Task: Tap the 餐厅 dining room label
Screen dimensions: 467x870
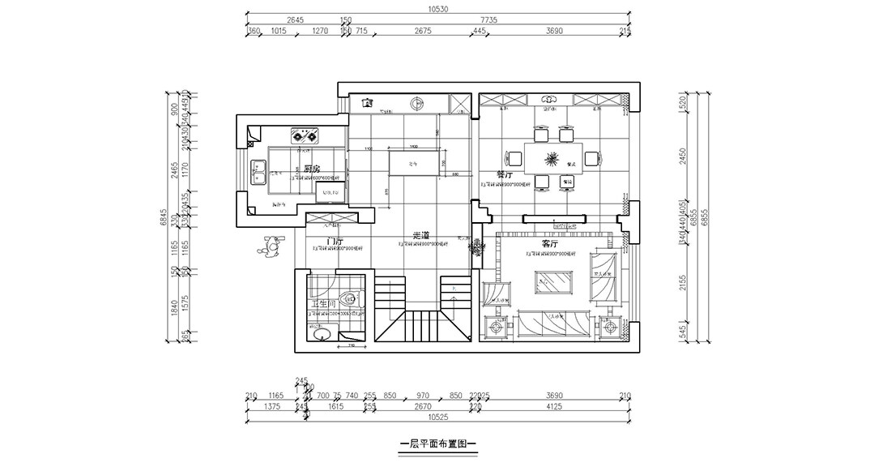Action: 506,175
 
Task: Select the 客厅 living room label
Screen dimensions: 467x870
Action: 551,243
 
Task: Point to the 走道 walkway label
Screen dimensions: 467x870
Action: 420,235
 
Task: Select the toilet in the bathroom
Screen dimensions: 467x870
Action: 349,299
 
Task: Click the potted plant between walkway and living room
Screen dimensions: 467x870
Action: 476,247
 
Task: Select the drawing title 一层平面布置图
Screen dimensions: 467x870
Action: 437,445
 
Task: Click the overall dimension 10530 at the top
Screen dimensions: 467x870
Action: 438,10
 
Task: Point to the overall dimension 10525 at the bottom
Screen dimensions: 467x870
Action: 438,417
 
